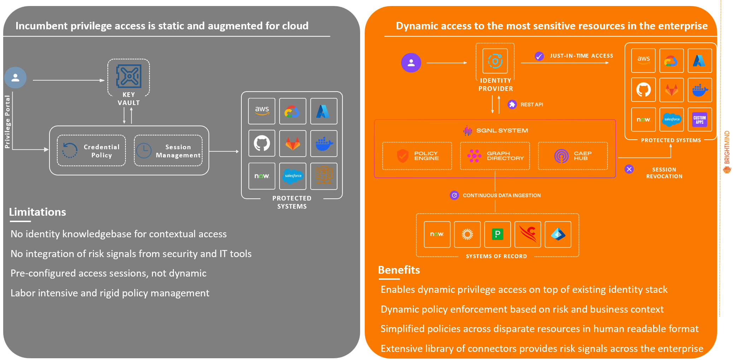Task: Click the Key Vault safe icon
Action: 129,76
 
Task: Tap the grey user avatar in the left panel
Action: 16,78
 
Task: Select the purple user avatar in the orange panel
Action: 411,63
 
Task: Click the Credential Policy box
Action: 91,151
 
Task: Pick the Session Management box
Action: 168,151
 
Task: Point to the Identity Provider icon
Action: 495,61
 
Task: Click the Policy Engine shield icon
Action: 403,156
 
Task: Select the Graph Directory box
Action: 495,156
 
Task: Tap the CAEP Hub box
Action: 573,156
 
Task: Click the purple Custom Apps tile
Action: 699,120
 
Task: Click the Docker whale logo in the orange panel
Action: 700,90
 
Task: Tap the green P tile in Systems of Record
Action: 497,234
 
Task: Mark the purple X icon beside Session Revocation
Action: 629,169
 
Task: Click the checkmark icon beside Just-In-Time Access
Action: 539,56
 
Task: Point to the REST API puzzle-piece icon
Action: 512,104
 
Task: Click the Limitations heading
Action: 37,212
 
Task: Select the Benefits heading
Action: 399,270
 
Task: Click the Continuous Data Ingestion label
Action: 502,195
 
